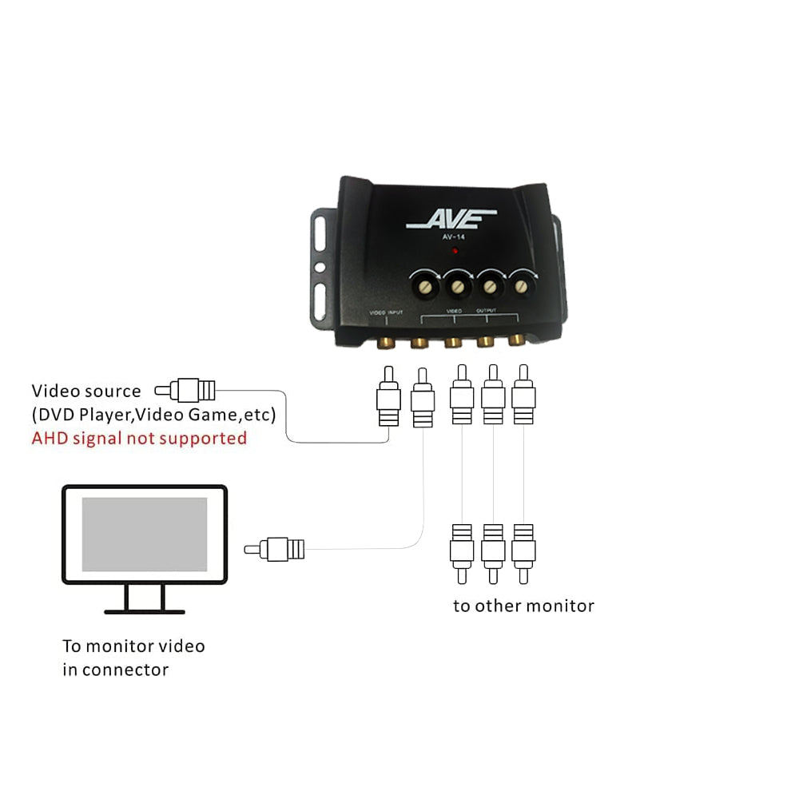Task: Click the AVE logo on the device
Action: pos(451,219)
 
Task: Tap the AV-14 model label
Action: pos(453,237)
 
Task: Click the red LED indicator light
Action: pos(455,251)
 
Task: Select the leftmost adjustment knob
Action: pos(423,284)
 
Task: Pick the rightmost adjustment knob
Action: pos(523,283)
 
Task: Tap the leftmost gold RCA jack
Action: pos(385,343)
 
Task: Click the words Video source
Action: pos(85,391)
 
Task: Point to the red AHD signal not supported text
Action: pos(139,438)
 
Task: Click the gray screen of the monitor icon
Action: pos(145,534)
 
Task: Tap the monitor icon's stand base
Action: pos(145,611)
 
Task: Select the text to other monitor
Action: pos(523,606)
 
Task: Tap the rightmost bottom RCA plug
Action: pos(523,551)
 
